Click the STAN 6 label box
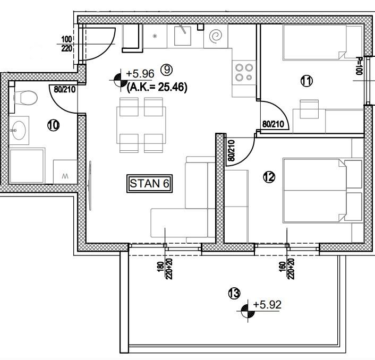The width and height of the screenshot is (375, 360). pos(151,183)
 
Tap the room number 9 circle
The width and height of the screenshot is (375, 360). pos(166,68)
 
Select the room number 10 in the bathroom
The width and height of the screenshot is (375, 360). pos(53,125)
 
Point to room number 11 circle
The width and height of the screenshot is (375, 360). pos(306,81)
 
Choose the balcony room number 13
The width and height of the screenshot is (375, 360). pos(234,293)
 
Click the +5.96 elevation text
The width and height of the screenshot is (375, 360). pos(140,74)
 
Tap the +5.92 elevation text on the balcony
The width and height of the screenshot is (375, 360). pos(267,305)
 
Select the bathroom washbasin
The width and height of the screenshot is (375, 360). pos(21,130)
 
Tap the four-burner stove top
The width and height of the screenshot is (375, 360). pos(243,72)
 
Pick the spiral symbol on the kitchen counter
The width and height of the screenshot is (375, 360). pos(216,36)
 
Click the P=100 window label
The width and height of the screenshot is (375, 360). pos(359,66)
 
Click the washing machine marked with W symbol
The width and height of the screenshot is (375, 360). pos(65,173)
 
